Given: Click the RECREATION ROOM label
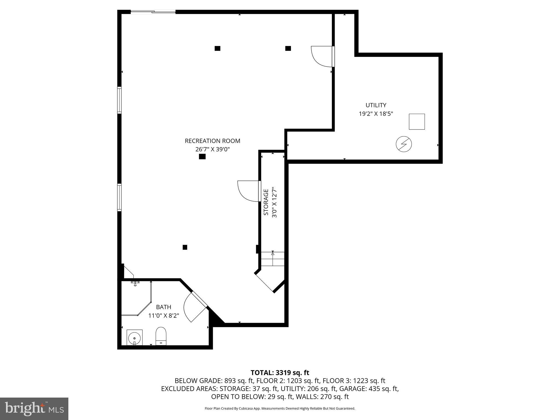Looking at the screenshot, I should pyautogui.click(x=212, y=141).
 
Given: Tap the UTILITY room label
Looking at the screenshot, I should pyautogui.click(x=376, y=105).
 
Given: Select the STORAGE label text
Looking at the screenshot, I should pyautogui.click(x=266, y=202).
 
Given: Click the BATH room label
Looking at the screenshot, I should pyautogui.click(x=164, y=307).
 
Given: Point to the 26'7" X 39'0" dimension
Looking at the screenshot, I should pyautogui.click(x=212, y=149).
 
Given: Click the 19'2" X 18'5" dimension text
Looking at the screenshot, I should pyautogui.click(x=376, y=114).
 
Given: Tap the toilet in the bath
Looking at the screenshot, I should pyautogui.click(x=161, y=336).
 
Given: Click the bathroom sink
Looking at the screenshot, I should pyautogui.click(x=135, y=337).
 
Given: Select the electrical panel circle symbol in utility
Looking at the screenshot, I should pyautogui.click(x=404, y=144).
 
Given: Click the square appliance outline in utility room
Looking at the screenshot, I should pyautogui.click(x=417, y=122).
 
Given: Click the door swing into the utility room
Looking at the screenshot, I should pyautogui.click(x=321, y=56).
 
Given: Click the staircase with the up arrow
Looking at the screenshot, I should pyautogui.click(x=273, y=259).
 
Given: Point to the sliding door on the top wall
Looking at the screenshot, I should pyautogui.click(x=153, y=12).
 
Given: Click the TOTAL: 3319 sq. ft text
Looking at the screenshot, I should pyautogui.click(x=280, y=373).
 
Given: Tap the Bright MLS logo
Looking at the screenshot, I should pyautogui.click(x=34, y=409).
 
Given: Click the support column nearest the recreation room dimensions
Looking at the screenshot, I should pyautogui.click(x=202, y=157).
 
